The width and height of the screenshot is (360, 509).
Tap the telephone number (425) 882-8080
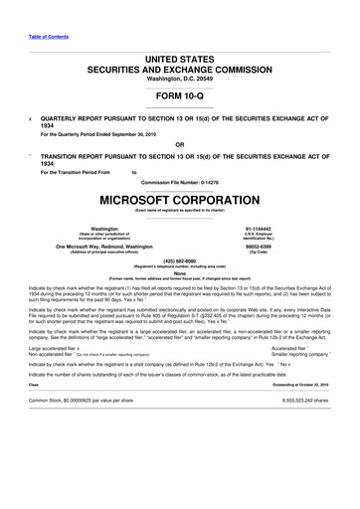point(179,262)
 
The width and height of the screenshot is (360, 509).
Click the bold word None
point(179,275)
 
